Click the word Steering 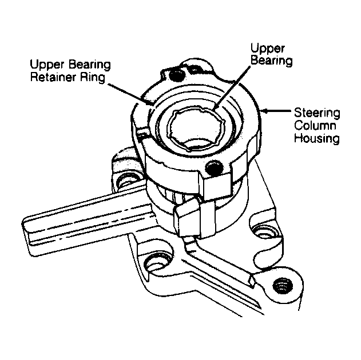[317, 114]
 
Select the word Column [315, 126]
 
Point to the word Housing [317, 139]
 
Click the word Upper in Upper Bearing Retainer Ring [47, 65]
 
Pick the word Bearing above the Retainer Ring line [90, 65]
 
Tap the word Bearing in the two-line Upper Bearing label [271, 61]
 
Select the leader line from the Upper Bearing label [231, 87]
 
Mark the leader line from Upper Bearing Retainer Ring [130, 94]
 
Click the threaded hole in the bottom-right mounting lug [283, 286]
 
